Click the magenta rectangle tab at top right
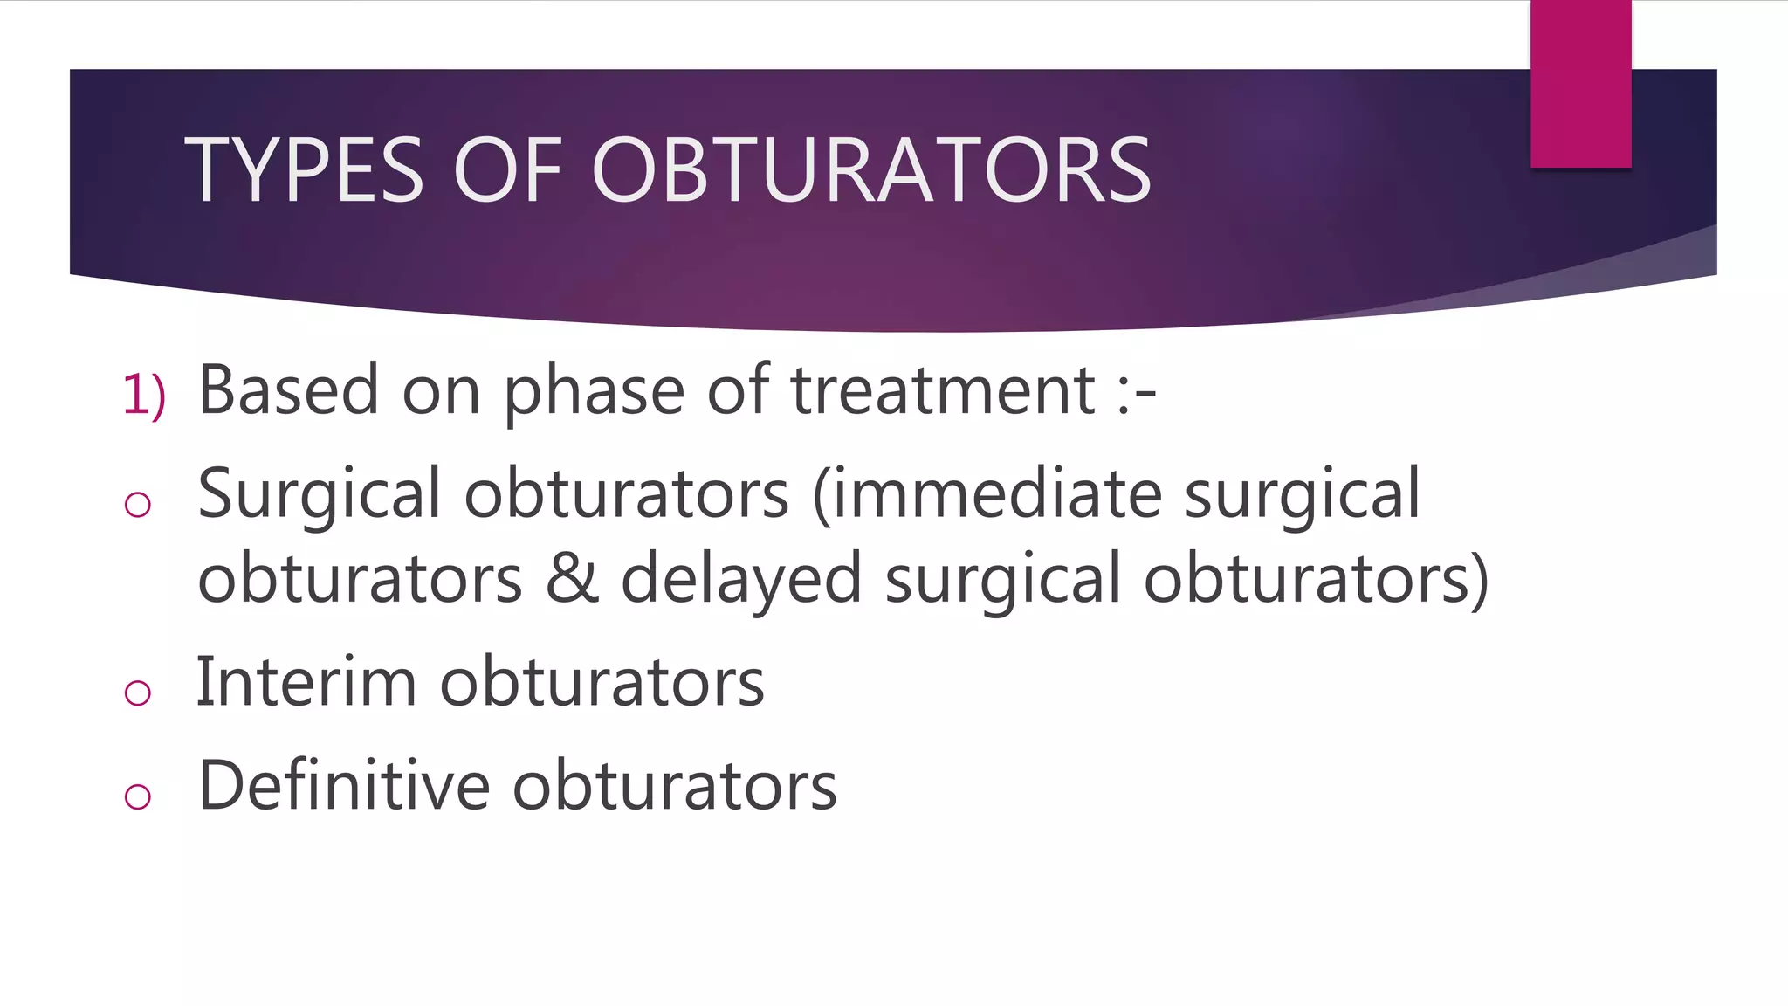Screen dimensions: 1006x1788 tap(1580, 83)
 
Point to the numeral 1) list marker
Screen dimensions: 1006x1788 tap(144, 394)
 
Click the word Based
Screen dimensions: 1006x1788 tap(288, 389)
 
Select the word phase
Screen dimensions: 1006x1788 tap(594, 391)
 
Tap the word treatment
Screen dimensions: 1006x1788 tap(943, 389)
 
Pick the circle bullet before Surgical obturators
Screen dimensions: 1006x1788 tap(138, 504)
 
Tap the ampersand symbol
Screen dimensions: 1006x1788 tap(573, 578)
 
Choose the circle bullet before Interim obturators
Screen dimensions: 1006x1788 tap(138, 692)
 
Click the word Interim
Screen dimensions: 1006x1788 tap(306, 682)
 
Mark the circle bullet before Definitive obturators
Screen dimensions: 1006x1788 tap(138, 796)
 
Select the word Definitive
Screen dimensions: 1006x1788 tap(344, 785)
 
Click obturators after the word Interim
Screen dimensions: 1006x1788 tap(602, 682)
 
